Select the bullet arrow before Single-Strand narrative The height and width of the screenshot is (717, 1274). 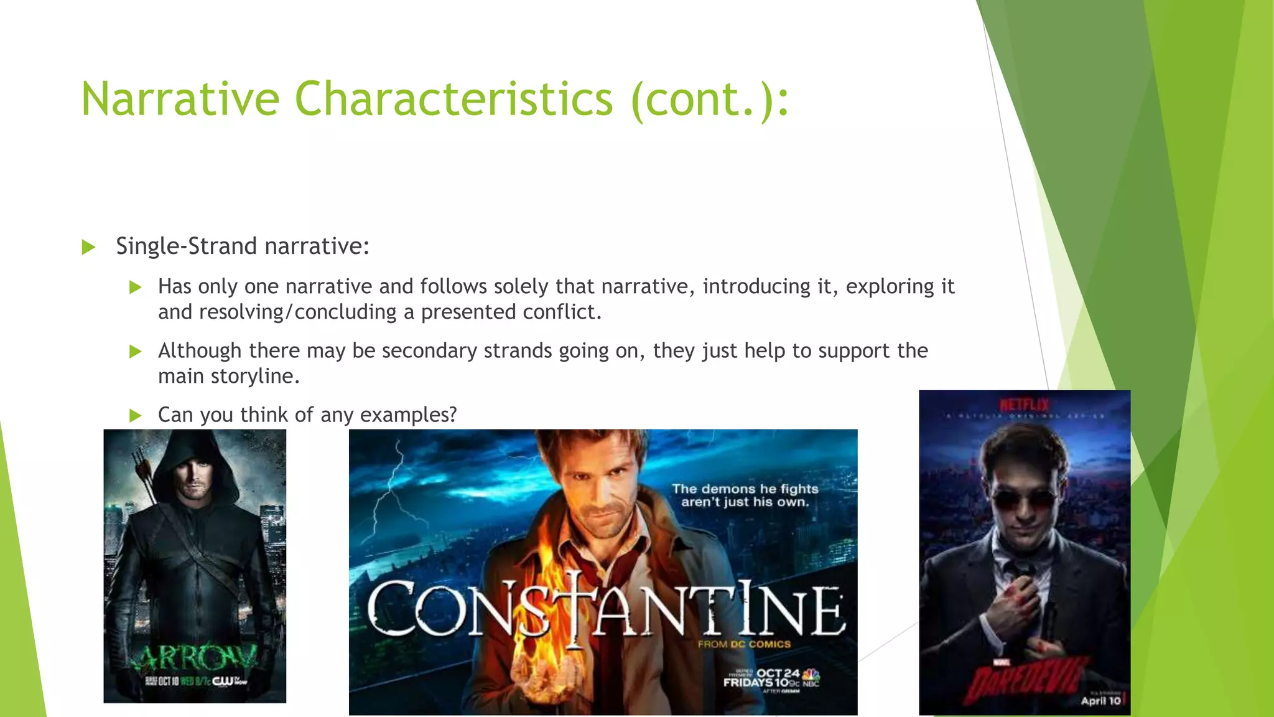point(88,247)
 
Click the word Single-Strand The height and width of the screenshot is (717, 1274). point(187,246)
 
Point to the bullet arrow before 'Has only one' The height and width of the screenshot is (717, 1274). point(135,287)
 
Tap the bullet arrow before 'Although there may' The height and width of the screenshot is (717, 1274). point(135,351)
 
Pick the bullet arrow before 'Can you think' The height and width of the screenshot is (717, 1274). point(135,415)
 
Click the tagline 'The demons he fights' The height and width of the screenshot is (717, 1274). point(745,489)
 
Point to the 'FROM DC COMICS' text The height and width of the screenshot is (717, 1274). point(744,644)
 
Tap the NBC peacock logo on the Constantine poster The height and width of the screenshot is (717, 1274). point(811,675)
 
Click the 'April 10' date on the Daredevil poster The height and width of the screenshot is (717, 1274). point(1100,701)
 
